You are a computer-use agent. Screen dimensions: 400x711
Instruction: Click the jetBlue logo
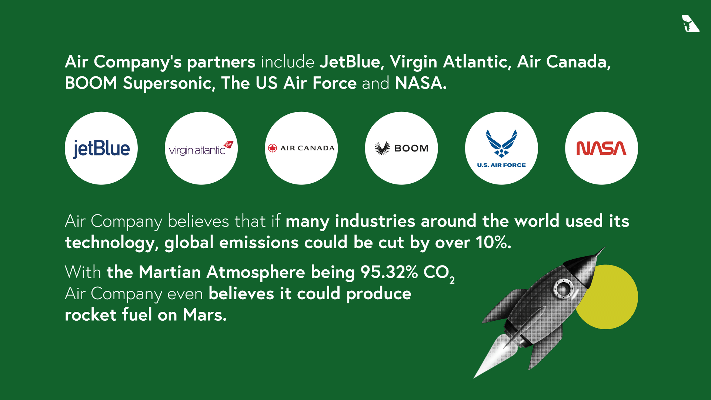101,149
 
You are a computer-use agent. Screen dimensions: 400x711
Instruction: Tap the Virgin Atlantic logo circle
201,149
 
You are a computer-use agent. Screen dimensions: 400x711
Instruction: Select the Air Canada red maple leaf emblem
273,148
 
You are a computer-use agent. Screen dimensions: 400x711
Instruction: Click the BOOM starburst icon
382,148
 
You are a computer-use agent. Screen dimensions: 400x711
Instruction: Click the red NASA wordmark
601,148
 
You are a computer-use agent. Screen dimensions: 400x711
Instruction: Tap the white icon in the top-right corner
690,24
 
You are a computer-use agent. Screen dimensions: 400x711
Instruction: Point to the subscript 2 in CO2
452,280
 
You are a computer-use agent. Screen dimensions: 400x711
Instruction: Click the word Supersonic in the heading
169,83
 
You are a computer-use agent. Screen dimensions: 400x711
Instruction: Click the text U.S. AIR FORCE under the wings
501,165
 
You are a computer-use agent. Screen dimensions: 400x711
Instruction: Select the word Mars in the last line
204,315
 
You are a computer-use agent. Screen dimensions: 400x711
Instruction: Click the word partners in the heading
221,62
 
